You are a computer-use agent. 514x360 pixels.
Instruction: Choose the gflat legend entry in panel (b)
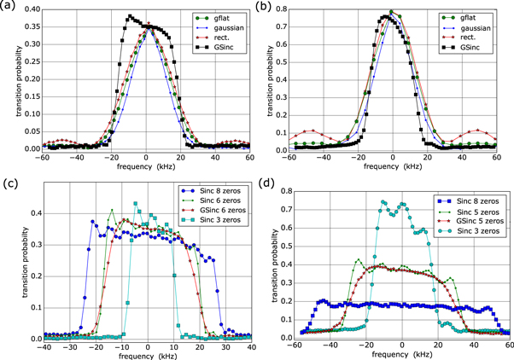tap(476, 17)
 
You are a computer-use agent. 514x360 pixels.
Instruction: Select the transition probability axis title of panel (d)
tap(272, 264)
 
